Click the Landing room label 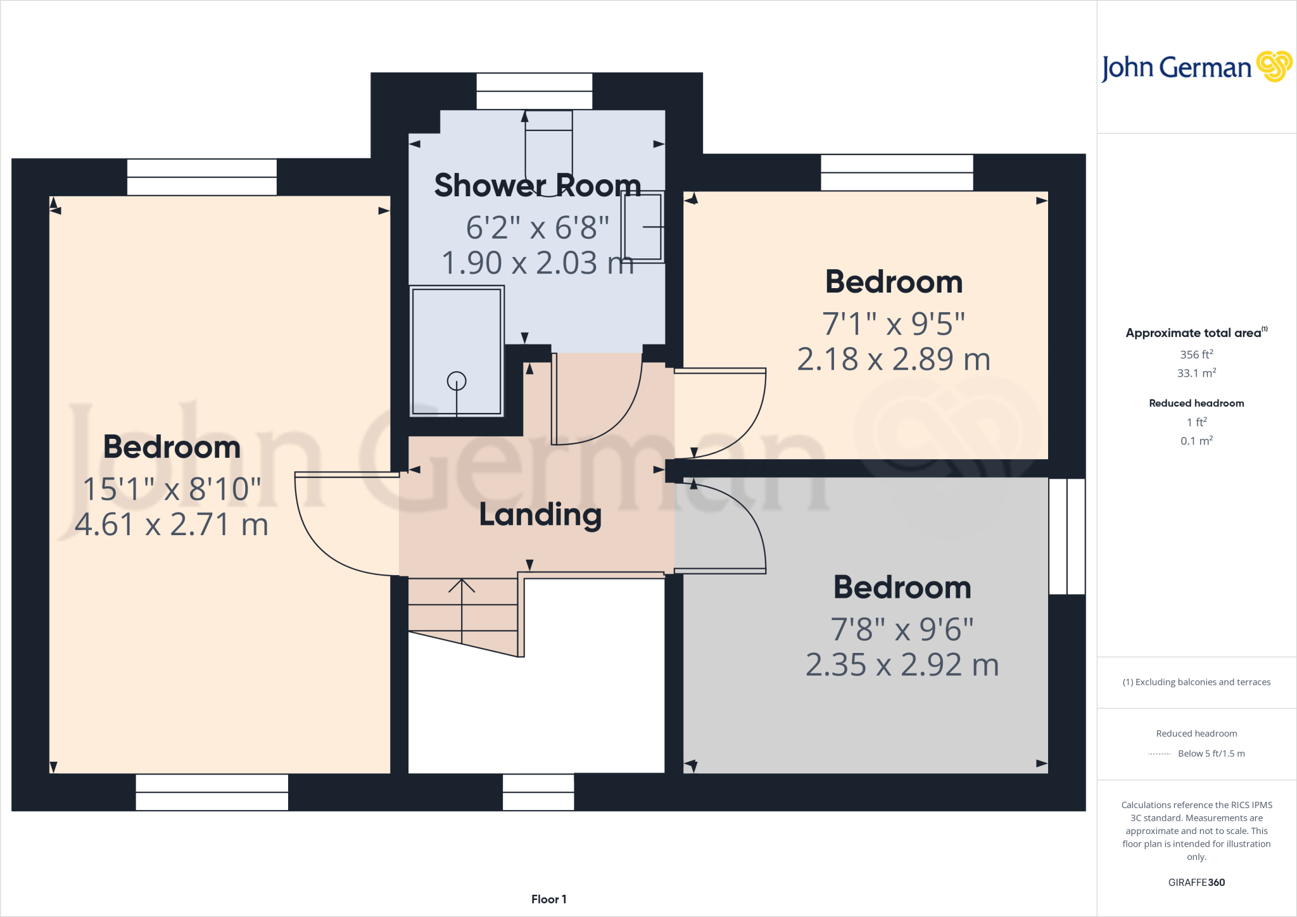[540, 514]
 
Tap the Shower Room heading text [537, 186]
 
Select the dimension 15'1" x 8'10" [172, 489]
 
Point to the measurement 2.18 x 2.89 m [893, 359]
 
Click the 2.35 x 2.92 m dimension [902, 665]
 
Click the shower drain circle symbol [456, 381]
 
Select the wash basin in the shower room [643, 227]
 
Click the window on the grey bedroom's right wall [1067, 536]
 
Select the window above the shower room [534, 91]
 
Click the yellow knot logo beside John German [1274, 66]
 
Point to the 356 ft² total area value [1196, 355]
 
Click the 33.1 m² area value [1196, 373]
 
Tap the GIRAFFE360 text [1196, 882]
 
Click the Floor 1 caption [548, 899]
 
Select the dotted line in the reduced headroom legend [1159, 754]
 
